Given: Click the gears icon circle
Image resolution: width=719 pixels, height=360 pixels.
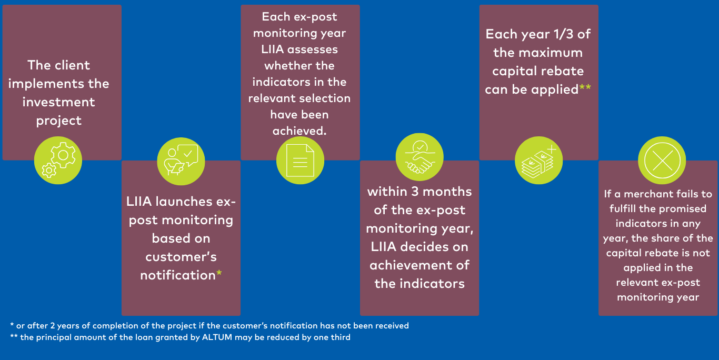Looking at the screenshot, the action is click(58, 160).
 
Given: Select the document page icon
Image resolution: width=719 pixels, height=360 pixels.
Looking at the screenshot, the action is click(300, 161).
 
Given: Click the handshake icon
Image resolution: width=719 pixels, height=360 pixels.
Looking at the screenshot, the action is click(420, 157).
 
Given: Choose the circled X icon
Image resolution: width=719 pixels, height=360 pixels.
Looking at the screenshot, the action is click(662, 161).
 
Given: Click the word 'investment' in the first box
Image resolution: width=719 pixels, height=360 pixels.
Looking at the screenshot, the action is click(59, 102).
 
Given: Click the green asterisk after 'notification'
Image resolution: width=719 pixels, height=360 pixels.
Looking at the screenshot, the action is click(219, 273).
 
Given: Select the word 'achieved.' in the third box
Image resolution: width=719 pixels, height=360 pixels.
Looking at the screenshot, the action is click(299, 131).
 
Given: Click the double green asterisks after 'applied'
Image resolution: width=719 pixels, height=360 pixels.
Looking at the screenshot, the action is click(585, 87).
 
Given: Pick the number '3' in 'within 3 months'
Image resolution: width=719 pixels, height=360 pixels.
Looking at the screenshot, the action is click(415, 192).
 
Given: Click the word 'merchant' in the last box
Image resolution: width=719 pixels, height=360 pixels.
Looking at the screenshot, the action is click(646, 194).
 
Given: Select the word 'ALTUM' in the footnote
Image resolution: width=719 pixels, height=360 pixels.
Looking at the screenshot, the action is click(217, 337).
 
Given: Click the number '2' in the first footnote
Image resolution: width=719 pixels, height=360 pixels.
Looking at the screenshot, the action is click(52, 326).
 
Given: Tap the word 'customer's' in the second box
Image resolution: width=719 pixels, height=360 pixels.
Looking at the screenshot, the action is click(181, 257).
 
